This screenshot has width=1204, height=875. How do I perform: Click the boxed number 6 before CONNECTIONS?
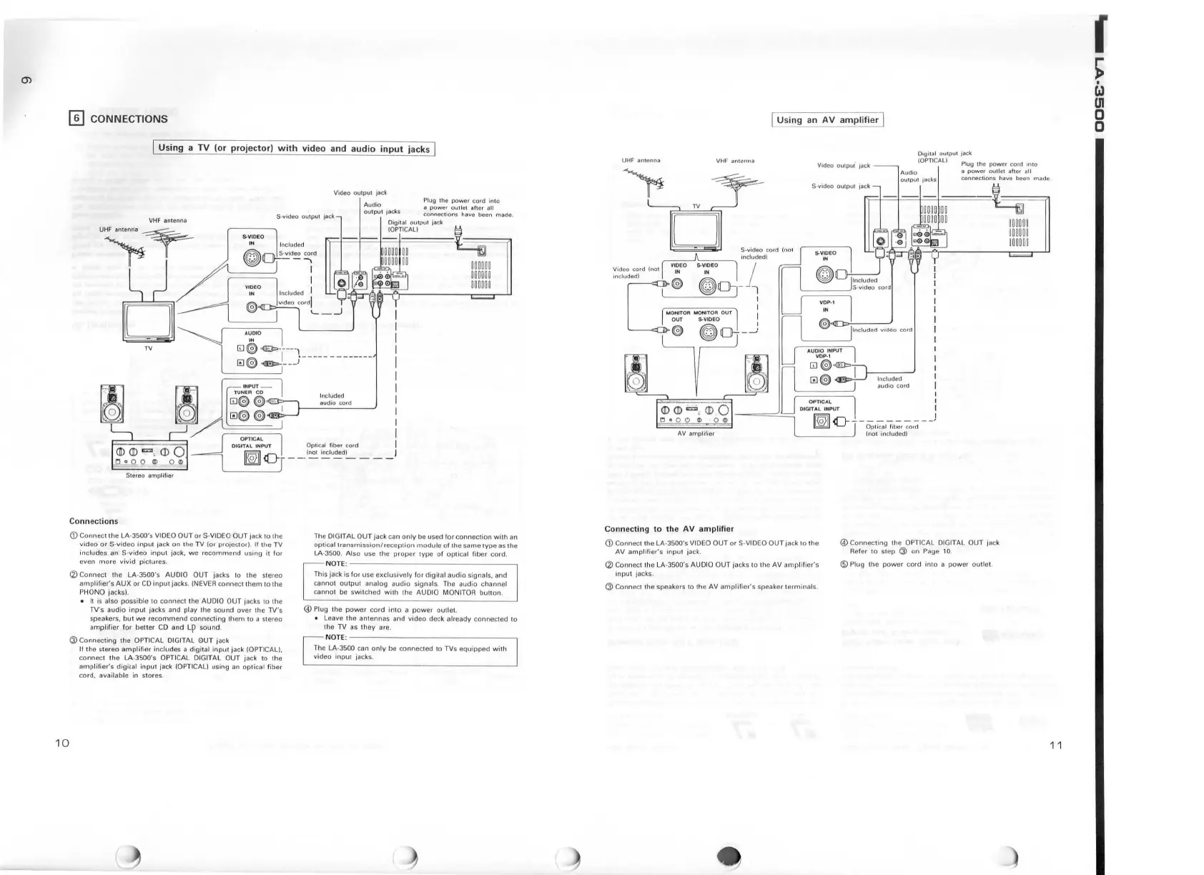tap(76, 119)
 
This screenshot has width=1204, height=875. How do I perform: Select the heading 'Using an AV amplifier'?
tap(827, 119)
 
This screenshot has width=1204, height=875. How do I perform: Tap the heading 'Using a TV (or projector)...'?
tap(295, 149)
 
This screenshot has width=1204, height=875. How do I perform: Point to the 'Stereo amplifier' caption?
tap(149, 475)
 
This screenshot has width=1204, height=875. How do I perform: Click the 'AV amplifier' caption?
tap(696, 433)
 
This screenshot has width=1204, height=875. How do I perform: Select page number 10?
tap(62, 743)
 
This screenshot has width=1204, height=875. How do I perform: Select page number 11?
tap(1056, 746)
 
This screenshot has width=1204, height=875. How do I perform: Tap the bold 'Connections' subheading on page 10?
tap(94, 521)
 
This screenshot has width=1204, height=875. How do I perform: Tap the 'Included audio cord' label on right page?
tap(893, 382)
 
